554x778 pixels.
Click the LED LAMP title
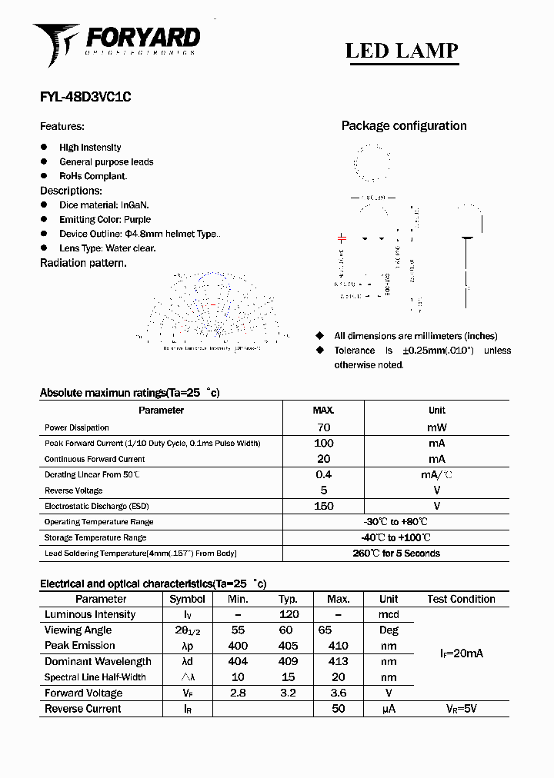[401, 51]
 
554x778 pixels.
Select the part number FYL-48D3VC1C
[85, 98]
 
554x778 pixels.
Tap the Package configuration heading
[404, 126]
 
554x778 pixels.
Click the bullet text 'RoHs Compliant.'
[93, 176]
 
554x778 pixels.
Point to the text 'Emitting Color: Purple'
[105, 219]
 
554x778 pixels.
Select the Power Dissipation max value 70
[324, 427]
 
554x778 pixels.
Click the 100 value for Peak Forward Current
[324, 443]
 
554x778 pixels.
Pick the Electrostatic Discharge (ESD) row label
[97, 506]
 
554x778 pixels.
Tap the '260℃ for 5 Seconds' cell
[396, 554]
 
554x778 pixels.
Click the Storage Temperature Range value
[396, 537]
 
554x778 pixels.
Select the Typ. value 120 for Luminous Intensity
[289, 615]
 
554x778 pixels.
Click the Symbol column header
[187, 599]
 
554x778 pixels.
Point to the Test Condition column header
[461, 599]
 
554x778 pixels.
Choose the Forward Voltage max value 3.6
[338, 693]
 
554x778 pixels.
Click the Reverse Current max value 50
[338, 709]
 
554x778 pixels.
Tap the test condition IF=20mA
[461, 653]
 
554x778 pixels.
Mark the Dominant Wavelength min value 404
[239, 661]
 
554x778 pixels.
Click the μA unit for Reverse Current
[389, 709]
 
